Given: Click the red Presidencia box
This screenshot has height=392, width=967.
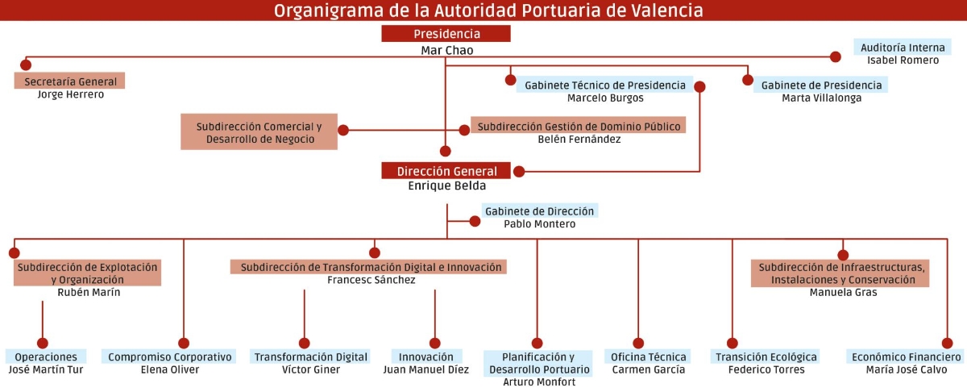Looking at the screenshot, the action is click(446, 34).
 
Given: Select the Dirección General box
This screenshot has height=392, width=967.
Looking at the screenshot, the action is click(446, 171).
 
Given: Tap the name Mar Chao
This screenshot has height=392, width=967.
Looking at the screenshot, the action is click(447, 51).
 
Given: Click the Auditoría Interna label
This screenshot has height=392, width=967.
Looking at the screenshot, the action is click(903, 47).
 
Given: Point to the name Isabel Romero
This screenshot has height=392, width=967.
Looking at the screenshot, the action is click(903, 60).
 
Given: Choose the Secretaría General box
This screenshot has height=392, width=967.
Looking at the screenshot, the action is click(69, 81).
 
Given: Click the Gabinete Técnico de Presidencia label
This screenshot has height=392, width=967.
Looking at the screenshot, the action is click(605, 85).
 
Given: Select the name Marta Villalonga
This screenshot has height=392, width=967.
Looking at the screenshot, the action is click(821, 98).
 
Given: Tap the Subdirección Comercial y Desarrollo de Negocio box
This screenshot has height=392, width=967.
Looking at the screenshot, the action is click(259, 131).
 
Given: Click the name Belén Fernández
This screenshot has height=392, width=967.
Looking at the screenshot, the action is click(579, 140).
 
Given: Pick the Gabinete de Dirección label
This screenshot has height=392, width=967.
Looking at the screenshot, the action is click(540, 211).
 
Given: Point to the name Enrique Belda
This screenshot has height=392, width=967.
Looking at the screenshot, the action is click(447, 186).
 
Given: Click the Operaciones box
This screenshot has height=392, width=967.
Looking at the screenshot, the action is click(46, 357).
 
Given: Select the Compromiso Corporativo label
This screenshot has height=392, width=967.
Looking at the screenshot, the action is click(169, 357).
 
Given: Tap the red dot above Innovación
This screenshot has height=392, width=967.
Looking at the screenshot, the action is click(434, 343).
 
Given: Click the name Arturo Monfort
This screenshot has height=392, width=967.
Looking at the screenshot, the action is click(539, 382).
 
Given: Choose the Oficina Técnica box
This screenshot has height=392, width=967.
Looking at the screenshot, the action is click(648, 357).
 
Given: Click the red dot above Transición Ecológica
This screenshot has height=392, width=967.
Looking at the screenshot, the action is click(733, 343).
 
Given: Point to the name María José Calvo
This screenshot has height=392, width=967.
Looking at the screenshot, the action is click(906, 369).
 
